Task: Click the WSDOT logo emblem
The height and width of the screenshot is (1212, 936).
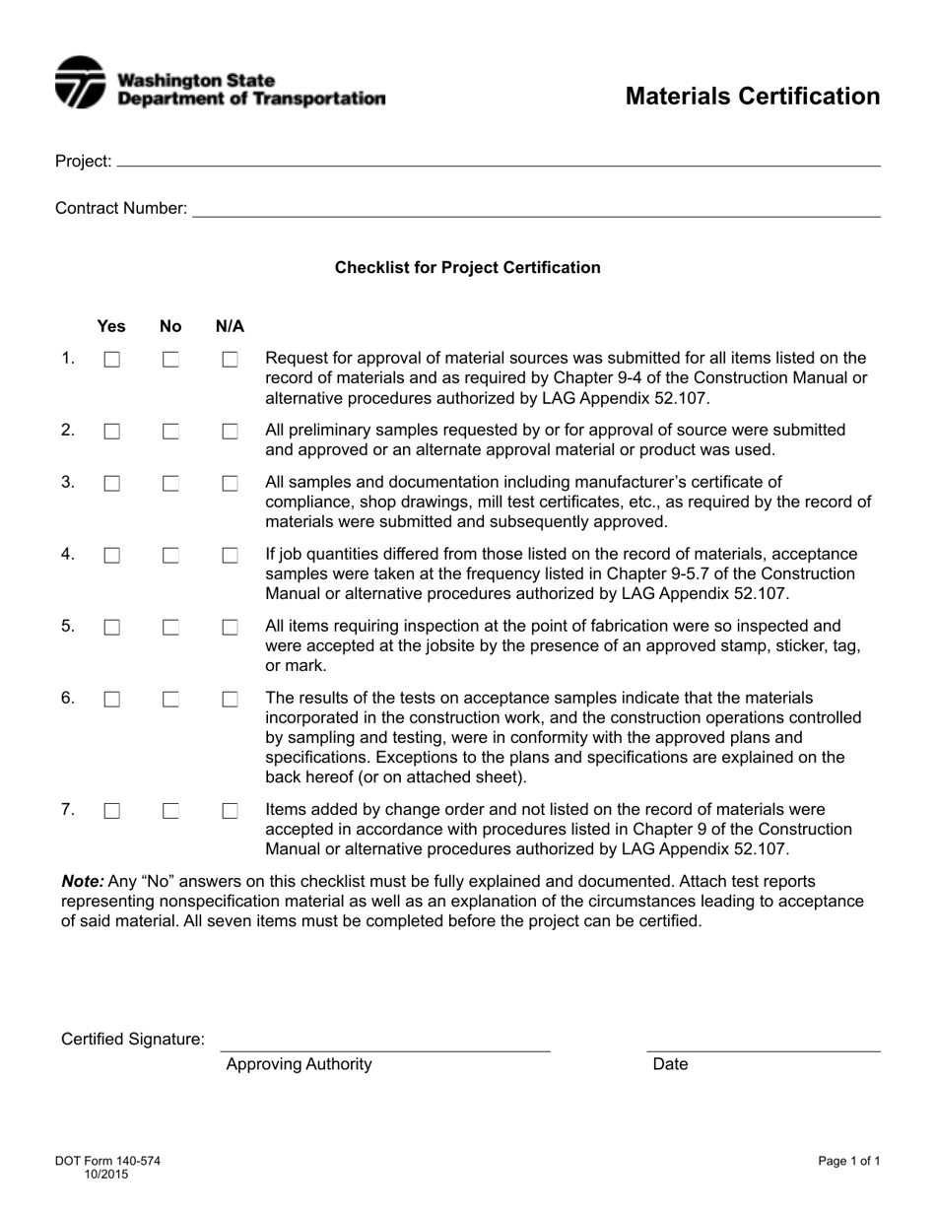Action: click(x=80, y=82)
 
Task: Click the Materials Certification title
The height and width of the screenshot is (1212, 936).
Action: click(x=753, y=97)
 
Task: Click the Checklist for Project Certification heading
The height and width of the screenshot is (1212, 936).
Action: click(x=467, y=267)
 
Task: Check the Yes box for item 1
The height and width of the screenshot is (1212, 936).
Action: click(x=112, y=360)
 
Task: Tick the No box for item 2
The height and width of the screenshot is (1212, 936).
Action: click(x=171, y=432)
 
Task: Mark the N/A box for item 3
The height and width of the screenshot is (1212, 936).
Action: click(x=231, y=484)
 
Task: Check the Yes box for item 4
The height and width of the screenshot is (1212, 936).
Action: click(x=112, y=556)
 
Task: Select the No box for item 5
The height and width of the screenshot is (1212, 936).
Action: click(x=171, y=628)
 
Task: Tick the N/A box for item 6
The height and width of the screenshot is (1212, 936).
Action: click(x=231, y=700)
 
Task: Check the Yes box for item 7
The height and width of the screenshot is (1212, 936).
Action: click(x=112, y=811)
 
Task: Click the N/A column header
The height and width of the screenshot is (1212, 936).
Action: click(x=230, y=326)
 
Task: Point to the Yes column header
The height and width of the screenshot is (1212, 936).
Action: click(x=111, y=326)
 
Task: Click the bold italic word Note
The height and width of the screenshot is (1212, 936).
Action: click(x=82, y=881)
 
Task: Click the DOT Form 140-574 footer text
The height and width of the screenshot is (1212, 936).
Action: click(x=107, y=1161)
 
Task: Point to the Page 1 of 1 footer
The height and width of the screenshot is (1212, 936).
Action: click(x=848, y=1161)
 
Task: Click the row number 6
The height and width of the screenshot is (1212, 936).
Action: click(x=68, y=698)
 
